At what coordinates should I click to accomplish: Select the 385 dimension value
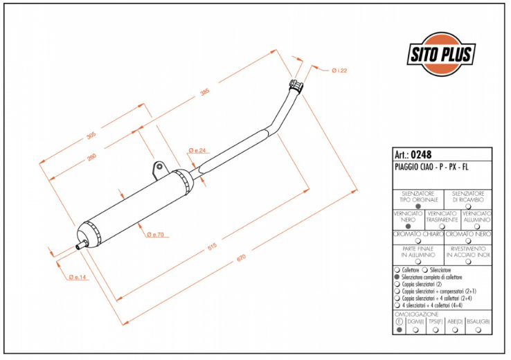point(204,94)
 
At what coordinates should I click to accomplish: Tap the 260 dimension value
point(92,157)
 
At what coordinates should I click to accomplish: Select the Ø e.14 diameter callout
point(79,277)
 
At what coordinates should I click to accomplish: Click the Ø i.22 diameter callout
point(339,71)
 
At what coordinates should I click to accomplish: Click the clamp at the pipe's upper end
point(296,86)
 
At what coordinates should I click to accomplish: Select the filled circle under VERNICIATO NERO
point(409,226)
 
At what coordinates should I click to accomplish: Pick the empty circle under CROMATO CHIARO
point(418,241)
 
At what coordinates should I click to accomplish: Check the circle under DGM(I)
point(415,330)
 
